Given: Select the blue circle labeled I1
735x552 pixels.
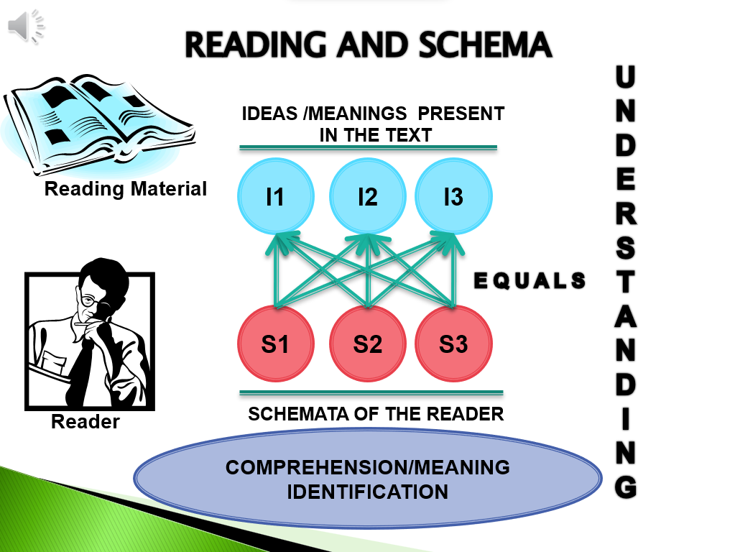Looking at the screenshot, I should pyautogui.click(x=275, y=196).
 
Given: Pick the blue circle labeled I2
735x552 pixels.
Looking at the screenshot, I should pyautogui.click(x=367, y=196).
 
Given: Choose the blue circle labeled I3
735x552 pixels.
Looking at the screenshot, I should pyautogui.click(x=453, y=196).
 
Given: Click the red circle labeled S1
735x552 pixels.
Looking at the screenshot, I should pyautogui.click(x=275, y=344).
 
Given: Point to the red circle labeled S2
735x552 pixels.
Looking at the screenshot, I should pyautogui.click(x=367, y=344).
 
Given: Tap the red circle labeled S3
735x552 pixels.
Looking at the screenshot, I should pyautogui.click(x=453, y=344).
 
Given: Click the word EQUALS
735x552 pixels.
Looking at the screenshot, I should pyautogui.click(x=530, y=281).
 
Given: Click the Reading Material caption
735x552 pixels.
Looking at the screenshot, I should pyautogui.click(x=125, y=189).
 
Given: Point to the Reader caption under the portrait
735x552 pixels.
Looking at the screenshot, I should pyautogui.click(x=85, y=422).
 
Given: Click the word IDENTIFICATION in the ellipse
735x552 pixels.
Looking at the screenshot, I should pyautogui.click(x=368, y=492).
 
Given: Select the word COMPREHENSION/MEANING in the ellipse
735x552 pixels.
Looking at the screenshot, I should pyautogui.click(x=367, y=468).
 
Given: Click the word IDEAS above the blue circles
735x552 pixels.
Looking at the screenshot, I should pyautogui.click(x=267, y=114).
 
